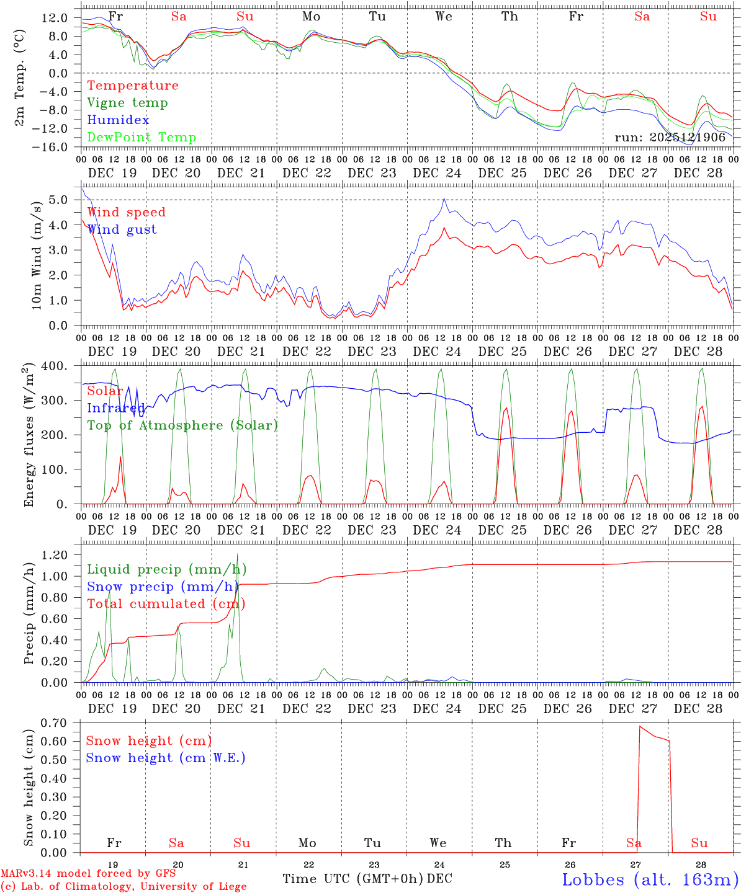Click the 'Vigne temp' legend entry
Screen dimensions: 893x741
tap(127, 103)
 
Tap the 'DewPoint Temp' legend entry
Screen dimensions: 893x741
tap(141, 138)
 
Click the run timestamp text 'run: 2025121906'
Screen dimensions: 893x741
tap(670, 138)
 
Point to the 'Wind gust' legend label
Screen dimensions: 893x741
tap(122, 229)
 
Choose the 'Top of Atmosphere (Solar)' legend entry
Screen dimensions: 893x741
tap(182, 425)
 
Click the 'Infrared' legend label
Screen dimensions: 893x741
tap(116, 408)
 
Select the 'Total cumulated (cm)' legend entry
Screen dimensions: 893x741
tap(166, 604)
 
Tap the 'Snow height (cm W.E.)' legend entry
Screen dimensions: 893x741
tap(166, 758)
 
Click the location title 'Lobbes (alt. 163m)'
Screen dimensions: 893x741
tap(650, 879)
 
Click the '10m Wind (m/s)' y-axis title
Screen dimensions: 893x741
tap(37, 255)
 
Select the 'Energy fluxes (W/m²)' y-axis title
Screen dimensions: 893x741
tap(29, 436)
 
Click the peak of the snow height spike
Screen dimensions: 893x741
tap(640, 726)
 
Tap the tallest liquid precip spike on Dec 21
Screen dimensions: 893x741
tap(237, 554)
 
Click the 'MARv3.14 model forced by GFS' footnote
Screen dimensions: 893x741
tap(88, 874)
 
